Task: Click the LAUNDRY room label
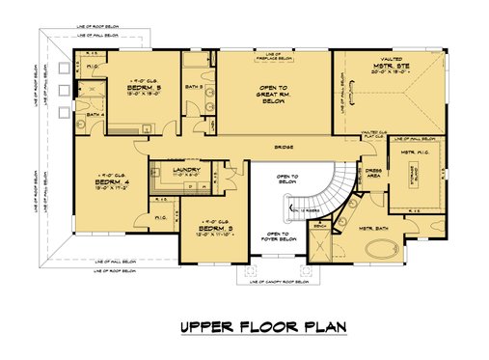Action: [188, 171]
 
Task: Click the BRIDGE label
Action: [284, 148]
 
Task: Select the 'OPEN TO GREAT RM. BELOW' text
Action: [273, 92]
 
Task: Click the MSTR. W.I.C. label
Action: [414, 154]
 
